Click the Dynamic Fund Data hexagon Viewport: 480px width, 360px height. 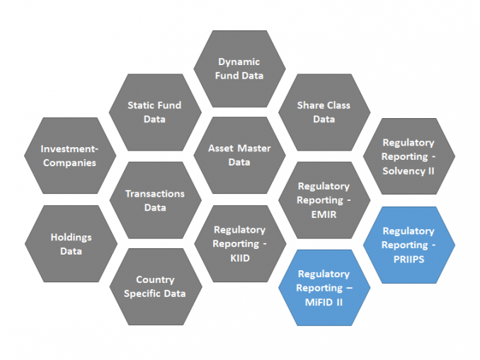[239, 69]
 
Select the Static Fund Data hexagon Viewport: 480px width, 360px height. [154, 112]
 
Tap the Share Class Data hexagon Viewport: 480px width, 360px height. [324, 112]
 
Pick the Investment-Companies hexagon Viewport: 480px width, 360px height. [69, 156]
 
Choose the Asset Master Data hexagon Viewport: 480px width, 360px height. [239, 156]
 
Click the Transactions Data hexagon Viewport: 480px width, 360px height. [154, 200]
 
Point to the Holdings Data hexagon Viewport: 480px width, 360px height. [70, 244]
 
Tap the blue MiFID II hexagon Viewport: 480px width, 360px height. [324, 288]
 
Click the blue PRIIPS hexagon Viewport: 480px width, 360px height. [408, 245]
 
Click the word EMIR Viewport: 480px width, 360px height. [324, 214]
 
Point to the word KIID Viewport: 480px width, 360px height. [239, 258]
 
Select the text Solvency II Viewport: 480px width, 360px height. [408, 170]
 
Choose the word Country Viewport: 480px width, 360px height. [154, 279]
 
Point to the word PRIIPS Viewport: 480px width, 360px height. [408, 259]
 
